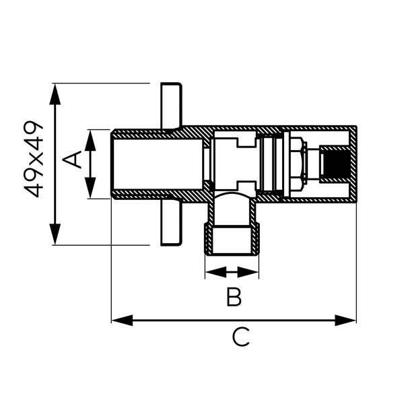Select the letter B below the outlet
[233, 297]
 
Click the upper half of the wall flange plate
[171, 105]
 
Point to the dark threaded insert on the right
[334, 164]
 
